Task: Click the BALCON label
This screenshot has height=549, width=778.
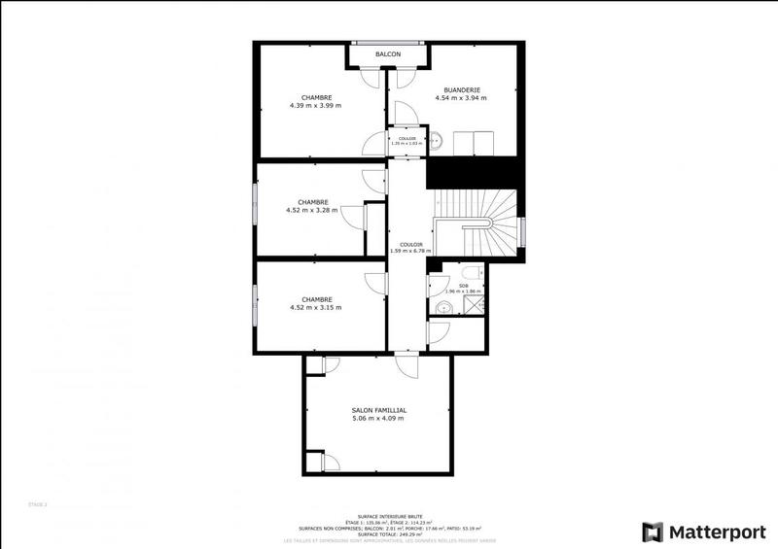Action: click(389, 54)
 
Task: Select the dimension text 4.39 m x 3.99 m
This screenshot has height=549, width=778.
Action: click(317, 105)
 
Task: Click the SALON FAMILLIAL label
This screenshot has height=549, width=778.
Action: click(378, 410)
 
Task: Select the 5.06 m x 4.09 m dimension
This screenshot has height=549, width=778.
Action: click(378, 419)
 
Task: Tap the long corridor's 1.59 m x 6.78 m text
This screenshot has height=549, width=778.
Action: click(410, 251)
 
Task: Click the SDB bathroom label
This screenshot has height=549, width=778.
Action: click(464, 285)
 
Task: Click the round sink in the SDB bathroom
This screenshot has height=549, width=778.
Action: click(442, 309)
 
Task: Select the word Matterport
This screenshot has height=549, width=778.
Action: click(716, 532)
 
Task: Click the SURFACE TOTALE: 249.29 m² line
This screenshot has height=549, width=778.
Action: click(388, 533)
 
